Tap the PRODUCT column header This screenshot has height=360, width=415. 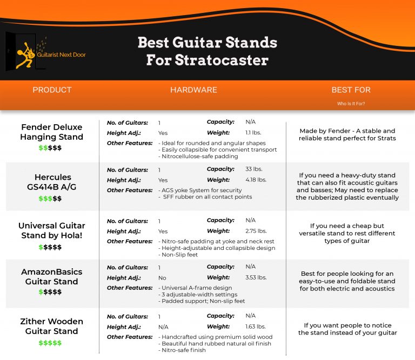click(52, 90)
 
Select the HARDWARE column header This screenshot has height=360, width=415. click(193, 90)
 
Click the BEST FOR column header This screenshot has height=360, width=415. click(351, 90)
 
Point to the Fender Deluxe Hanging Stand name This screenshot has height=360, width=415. click(52, 132)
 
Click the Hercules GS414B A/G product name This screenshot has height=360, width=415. click(52, 182)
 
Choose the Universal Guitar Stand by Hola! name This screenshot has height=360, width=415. click(52, 230)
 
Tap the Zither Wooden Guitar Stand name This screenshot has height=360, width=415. click(52, 326)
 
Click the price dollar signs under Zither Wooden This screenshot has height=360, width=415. click(50, 343)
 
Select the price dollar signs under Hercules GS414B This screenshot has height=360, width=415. click(50, 199)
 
